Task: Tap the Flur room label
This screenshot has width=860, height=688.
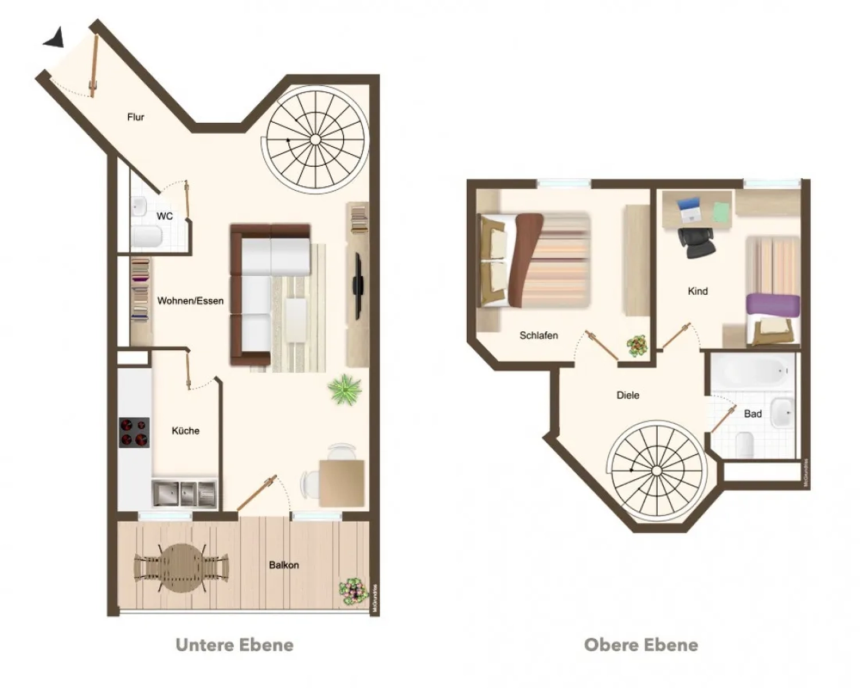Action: pos(136,117)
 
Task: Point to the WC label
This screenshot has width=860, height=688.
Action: pos(165,216)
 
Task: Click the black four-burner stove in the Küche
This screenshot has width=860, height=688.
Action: pos(134,432)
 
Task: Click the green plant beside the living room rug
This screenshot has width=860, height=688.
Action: pos(345,390)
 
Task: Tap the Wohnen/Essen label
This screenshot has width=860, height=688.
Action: pos(190,301)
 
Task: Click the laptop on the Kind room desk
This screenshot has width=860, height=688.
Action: pos(690,209)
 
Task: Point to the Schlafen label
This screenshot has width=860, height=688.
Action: pos(538,335)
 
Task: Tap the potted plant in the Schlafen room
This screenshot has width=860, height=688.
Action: pos(637,346)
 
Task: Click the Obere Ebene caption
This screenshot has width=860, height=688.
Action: pos(641,645)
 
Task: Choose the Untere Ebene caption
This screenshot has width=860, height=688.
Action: pos(234,645)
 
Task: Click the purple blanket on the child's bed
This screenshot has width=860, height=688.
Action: pos(773,305)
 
